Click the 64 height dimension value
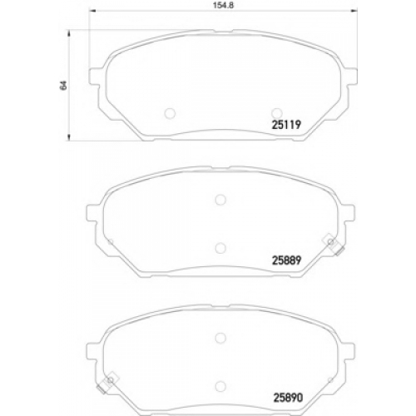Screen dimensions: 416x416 [x=64, y=85]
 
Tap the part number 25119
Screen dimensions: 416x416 [x=286, y=125]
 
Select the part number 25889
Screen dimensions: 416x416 [x=286, y=260]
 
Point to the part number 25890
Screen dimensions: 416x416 [x=289, y=398]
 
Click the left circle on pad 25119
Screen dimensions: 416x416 [x=170, y=113]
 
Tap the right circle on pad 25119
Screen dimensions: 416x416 [x=277, y=113]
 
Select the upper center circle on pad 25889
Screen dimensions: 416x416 [x=220, y=200]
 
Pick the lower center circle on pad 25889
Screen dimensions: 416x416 [x=220, y=248]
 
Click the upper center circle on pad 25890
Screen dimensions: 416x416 [x=220, y=338]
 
